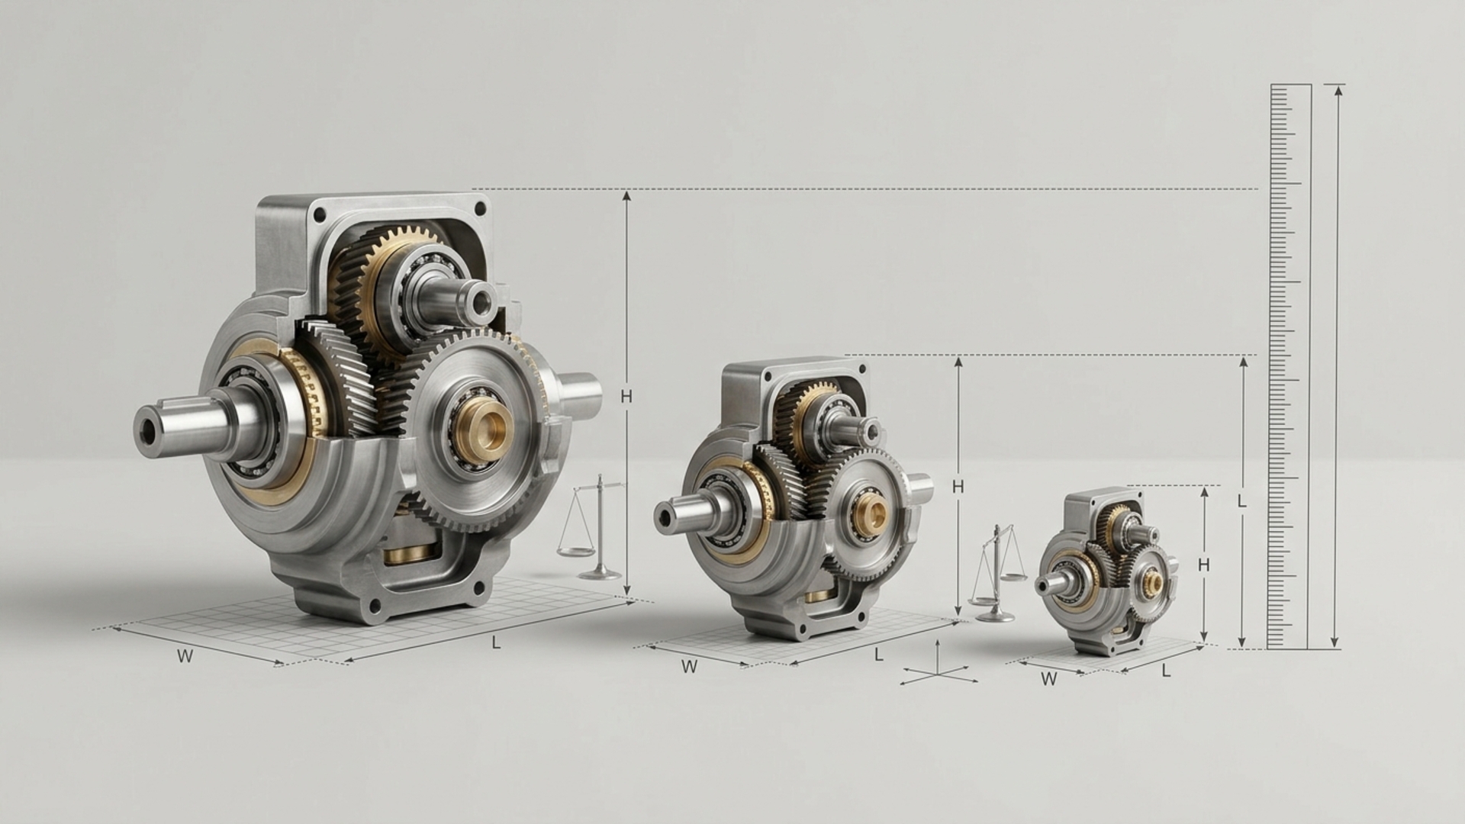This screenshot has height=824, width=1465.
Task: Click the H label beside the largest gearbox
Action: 626,396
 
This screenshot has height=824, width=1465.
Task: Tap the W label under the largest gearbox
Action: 185,655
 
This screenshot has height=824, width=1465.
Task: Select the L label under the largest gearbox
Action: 496,642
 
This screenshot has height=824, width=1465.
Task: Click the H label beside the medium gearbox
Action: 959,486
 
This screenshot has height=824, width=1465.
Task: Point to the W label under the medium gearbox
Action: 689,666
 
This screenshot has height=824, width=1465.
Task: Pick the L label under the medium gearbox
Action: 879,654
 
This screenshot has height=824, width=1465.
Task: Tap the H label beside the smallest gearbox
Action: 1204,565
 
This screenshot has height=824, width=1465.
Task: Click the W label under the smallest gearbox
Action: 1049,678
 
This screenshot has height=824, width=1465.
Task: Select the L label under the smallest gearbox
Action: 1166,671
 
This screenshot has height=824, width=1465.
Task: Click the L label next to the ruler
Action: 1242,502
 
